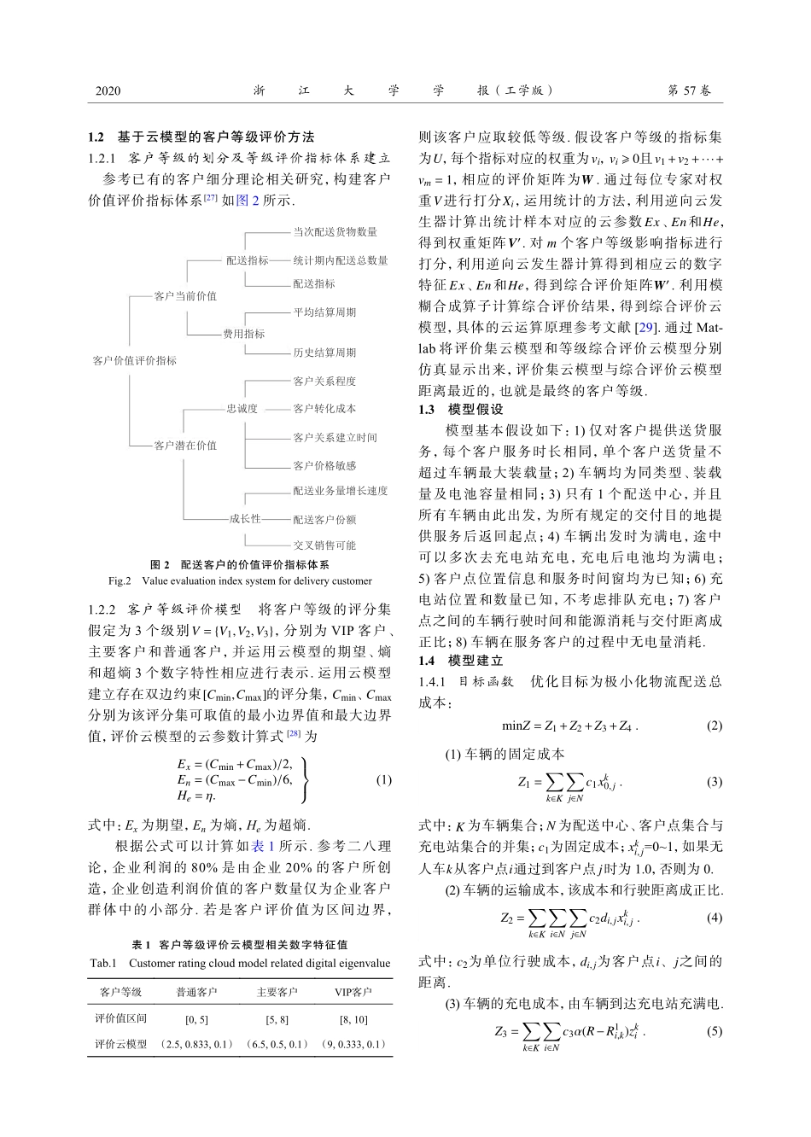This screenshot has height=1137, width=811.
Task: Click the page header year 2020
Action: click(108, 90)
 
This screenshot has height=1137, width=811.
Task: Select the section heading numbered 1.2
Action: click(201, 137)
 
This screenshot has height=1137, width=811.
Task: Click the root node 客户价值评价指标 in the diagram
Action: click(134, 360)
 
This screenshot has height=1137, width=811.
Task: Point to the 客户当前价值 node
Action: click(185, 296)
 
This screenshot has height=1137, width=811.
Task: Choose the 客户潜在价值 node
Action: click(185, 445)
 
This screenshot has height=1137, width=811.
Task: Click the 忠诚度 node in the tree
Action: click(242, 409)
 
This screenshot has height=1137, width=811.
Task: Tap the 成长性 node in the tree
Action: click(244, 518)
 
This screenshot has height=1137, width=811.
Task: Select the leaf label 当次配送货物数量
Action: click(335, 231)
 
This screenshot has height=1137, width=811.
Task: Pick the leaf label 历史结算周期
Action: click(324, 353)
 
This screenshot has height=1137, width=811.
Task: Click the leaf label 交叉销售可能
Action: click(324, 545)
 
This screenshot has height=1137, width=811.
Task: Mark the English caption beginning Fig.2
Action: click(240, 581)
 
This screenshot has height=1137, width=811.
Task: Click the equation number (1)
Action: click(383, 779)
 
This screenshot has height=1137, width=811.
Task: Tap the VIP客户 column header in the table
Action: click(353, 992)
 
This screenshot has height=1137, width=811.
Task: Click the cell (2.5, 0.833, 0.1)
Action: click(196, 1044)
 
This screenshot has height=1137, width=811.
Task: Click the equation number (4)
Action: click(715, 918)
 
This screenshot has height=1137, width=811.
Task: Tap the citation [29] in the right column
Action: click(647, 328)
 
